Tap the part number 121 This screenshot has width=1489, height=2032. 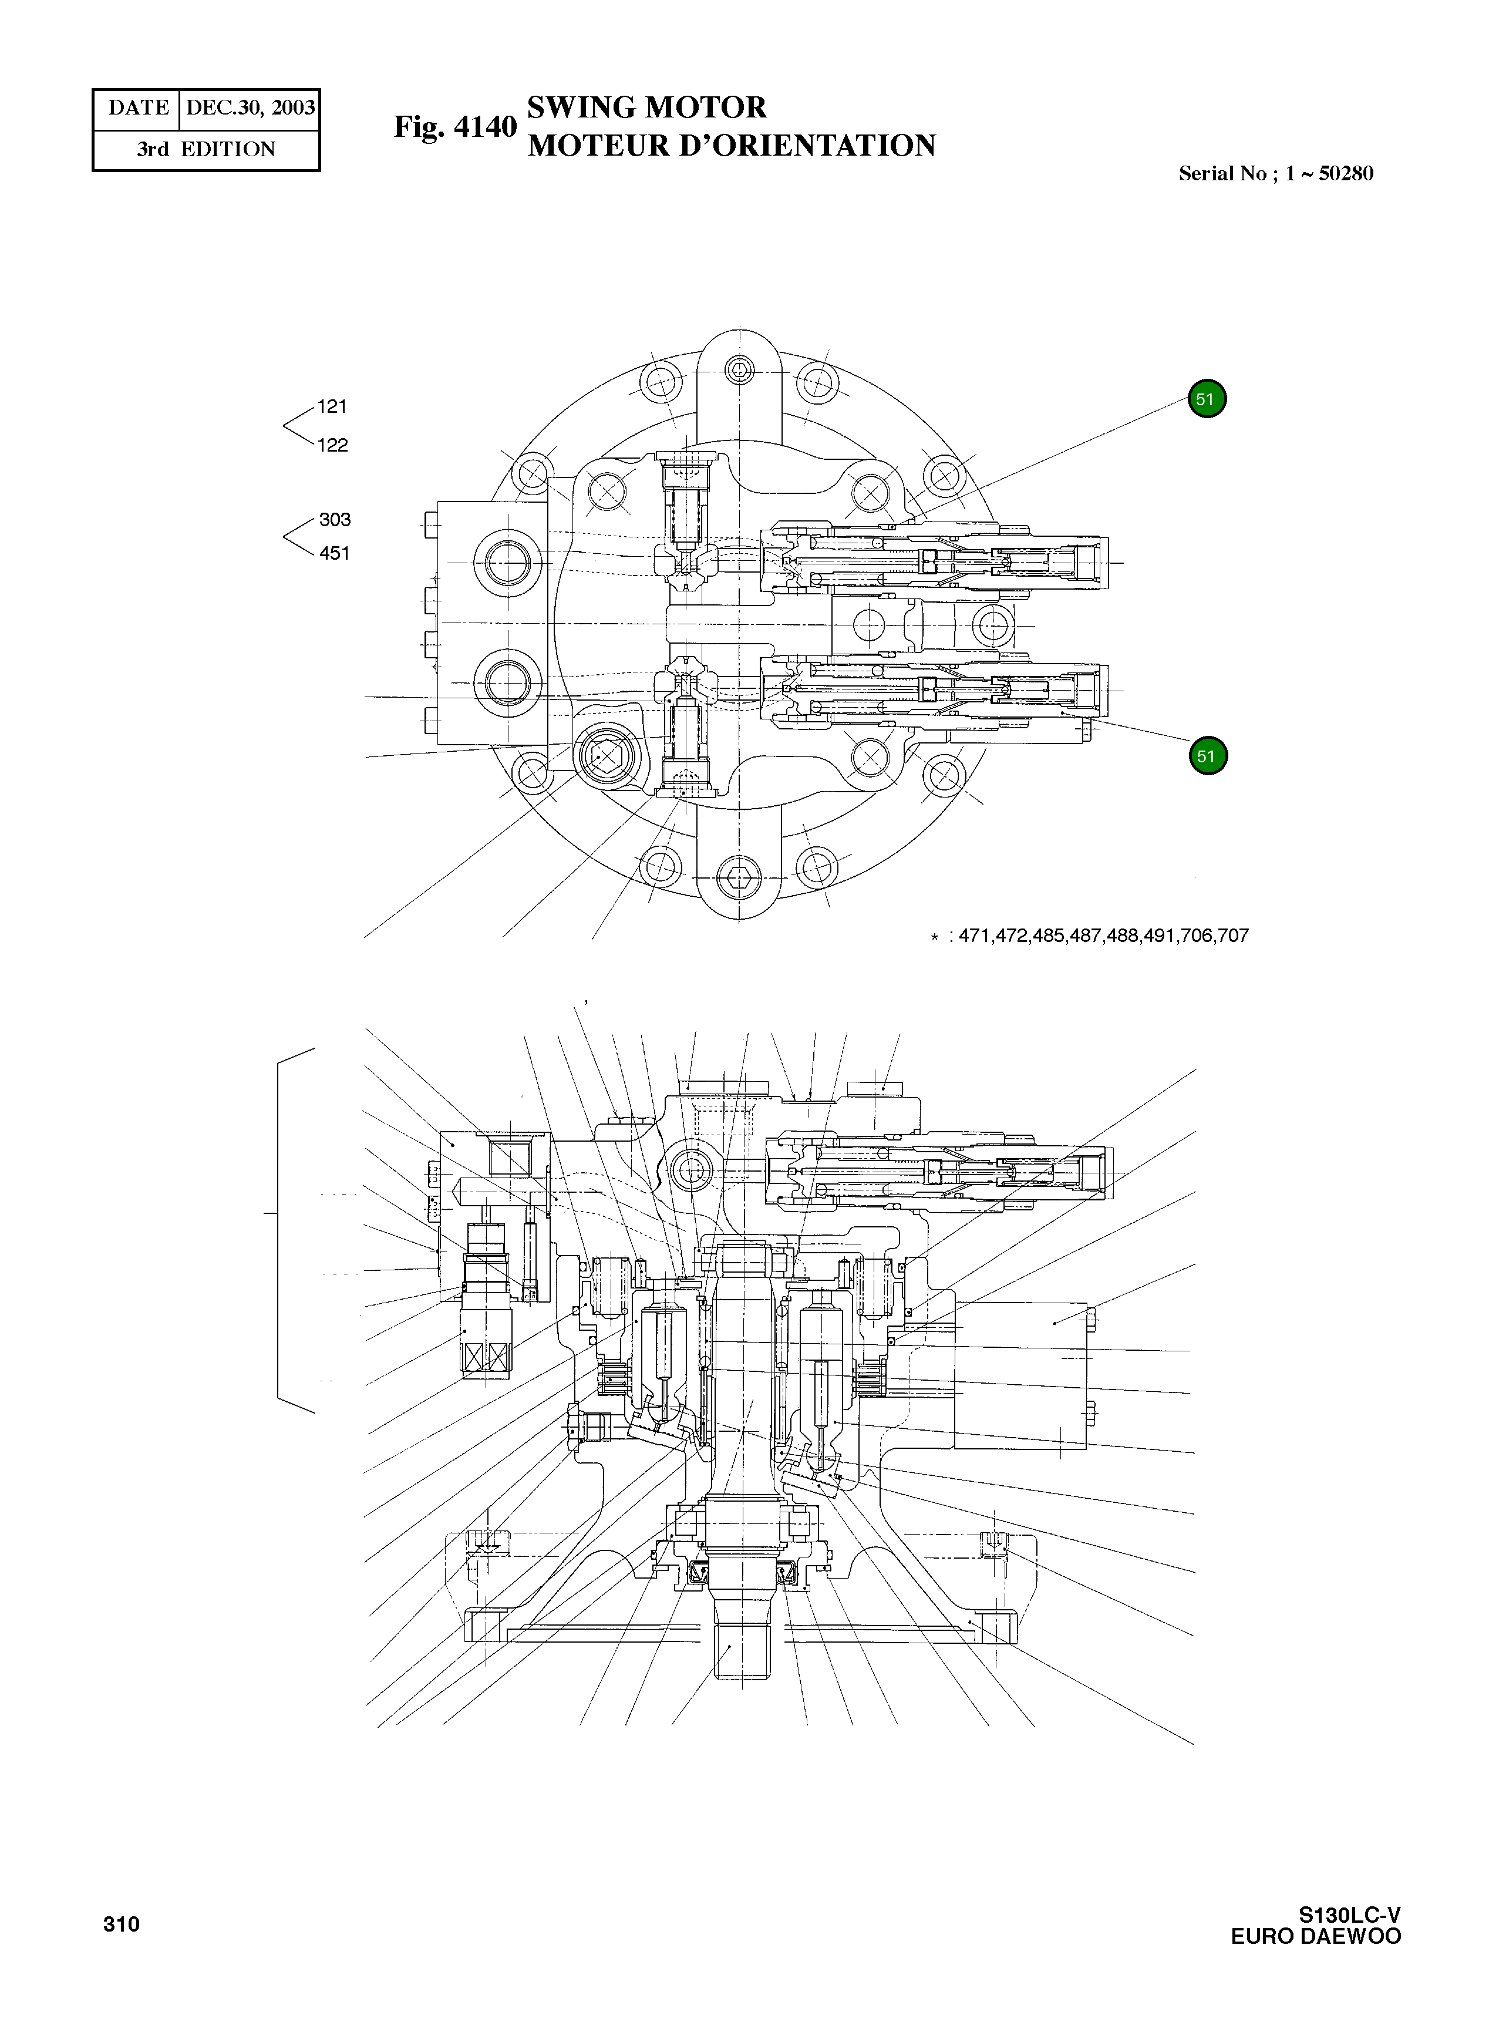pos(332,406)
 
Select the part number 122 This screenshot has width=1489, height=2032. pos(332,445)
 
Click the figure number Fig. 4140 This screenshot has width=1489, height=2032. pos(455,127)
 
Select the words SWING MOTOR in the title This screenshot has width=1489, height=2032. pos(646,107)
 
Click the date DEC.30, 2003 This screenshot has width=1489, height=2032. pos(250,108)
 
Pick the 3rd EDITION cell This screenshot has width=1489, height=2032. pos(207,150)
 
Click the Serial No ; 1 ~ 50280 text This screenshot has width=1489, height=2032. pos(1275,174)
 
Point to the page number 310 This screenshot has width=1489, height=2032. pos(121,1925)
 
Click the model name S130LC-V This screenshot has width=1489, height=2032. pos(1349,1915)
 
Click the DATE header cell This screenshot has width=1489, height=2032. pos(138,108)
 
